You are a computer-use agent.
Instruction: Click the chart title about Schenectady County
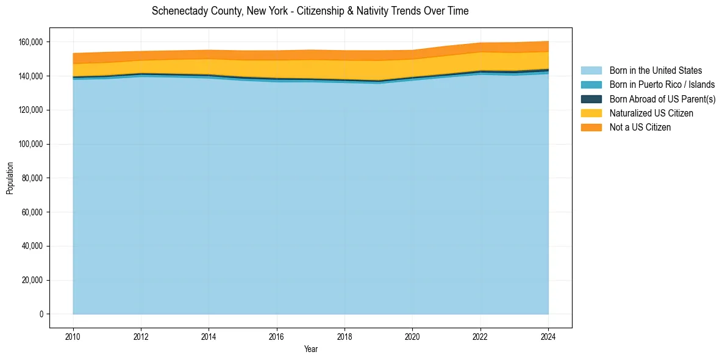310,11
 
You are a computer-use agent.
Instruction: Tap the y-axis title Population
10,178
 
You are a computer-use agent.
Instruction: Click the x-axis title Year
310,350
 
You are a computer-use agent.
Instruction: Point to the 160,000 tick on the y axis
30,42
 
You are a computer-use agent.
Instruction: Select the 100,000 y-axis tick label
30,144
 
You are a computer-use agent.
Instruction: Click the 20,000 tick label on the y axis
32,280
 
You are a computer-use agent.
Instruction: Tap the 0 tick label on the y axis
41,314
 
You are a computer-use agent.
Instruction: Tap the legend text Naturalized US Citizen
651,113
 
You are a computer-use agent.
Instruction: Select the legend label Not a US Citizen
640,128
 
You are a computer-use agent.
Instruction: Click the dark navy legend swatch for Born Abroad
591,99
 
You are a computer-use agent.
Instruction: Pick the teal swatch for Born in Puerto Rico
591,85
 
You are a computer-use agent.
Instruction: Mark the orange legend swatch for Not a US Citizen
591,128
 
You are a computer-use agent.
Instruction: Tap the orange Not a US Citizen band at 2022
480,48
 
